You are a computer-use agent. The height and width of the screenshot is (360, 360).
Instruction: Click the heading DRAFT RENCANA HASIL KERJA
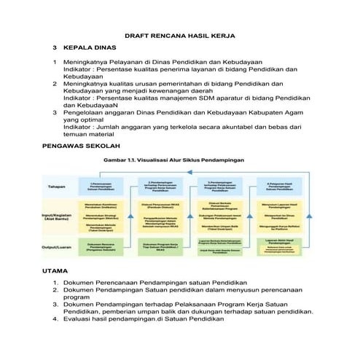tap(180, 35)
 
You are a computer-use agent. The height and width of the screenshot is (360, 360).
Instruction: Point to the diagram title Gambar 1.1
tap(181, 160)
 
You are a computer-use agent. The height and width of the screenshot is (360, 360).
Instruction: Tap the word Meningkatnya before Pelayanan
tap(93, 63)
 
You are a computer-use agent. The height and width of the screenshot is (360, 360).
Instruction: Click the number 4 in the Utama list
tap(55, 319)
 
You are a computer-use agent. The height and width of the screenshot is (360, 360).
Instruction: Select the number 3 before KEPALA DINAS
tap(54, 47)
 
